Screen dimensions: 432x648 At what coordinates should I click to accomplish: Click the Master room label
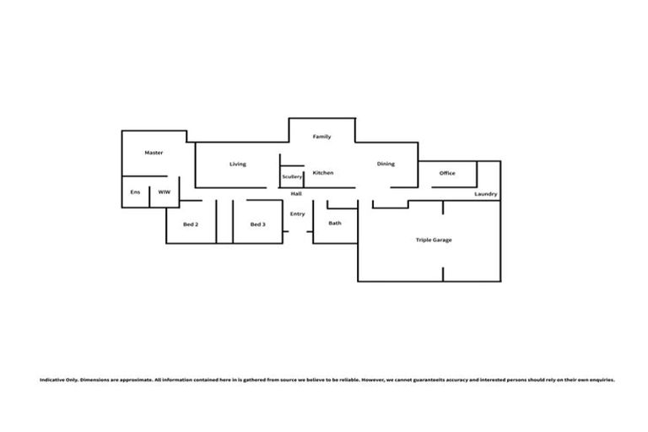[154, 153]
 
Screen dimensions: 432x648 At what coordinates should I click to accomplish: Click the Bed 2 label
[191, 224]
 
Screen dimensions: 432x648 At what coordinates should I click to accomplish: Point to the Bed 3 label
[258, 224]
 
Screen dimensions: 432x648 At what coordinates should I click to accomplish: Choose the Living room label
[238, 164]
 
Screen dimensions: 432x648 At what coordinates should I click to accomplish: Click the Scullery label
[292, 176]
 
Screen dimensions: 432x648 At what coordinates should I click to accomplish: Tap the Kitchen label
[323, 173]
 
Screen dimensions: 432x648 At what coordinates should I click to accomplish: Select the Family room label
[321, 137]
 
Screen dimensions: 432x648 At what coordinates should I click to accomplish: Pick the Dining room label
[386, 164]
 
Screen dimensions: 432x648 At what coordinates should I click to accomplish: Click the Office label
[447, 173]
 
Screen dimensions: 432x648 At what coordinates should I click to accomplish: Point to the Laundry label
[486, 194]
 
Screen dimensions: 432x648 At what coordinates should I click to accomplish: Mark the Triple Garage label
[434, 240]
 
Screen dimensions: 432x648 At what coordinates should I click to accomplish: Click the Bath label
[335, 223]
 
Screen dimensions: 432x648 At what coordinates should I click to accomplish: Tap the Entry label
[297, 213]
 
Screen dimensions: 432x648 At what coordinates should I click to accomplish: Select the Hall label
[296, 194]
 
